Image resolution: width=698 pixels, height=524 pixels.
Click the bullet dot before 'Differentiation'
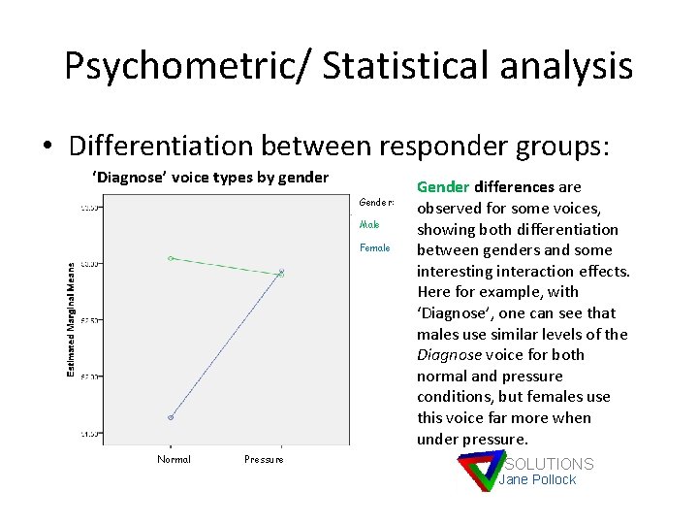(48, 147)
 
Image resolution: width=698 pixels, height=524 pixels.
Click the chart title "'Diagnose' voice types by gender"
(210, 178)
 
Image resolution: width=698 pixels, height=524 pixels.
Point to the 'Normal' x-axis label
(174, 459)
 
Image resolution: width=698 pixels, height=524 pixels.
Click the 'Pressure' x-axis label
(264, 459)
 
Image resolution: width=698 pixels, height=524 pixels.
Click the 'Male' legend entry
(369, 224)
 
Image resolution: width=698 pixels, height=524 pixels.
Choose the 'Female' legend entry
(374, 247)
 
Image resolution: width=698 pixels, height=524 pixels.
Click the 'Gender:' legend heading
(376, 202)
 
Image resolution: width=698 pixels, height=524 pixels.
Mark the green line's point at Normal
(171, 258)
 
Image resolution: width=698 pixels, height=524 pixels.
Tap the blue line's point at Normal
(171, 417)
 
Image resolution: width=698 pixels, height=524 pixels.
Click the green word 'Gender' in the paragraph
(443, 187)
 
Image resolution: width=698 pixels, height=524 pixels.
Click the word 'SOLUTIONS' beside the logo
(549, 464)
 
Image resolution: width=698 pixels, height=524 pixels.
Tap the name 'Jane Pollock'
(538, 479)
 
